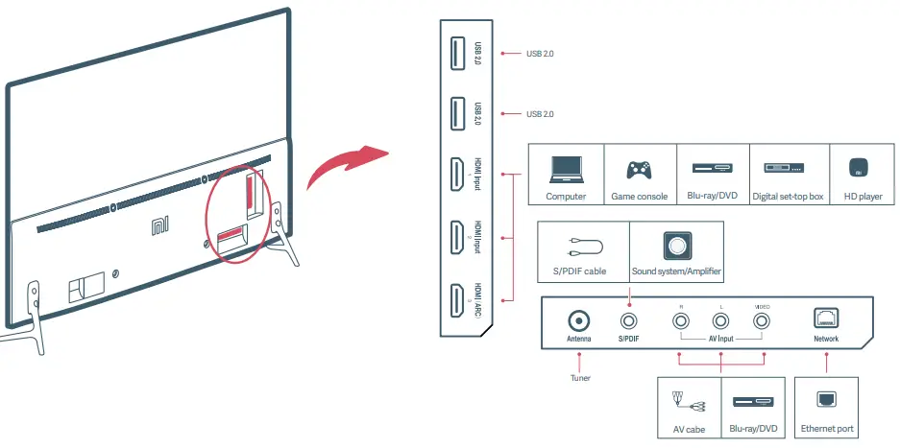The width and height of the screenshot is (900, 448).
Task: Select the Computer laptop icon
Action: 566,170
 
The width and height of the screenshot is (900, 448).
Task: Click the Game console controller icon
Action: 639,170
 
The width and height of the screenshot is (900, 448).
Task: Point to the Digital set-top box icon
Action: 788,168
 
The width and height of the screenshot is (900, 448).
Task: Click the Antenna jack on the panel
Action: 579,320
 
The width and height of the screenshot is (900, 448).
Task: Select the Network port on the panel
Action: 826,318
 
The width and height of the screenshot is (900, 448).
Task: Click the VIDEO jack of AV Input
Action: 763,321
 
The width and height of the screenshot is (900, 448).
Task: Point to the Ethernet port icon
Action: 826,399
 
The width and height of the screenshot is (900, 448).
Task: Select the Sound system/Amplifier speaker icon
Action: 676,246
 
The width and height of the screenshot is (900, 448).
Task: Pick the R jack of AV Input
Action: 680,321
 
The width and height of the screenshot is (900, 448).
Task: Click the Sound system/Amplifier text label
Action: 676,271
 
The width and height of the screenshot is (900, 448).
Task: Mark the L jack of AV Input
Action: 721,321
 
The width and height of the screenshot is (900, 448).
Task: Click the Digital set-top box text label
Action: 788,197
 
